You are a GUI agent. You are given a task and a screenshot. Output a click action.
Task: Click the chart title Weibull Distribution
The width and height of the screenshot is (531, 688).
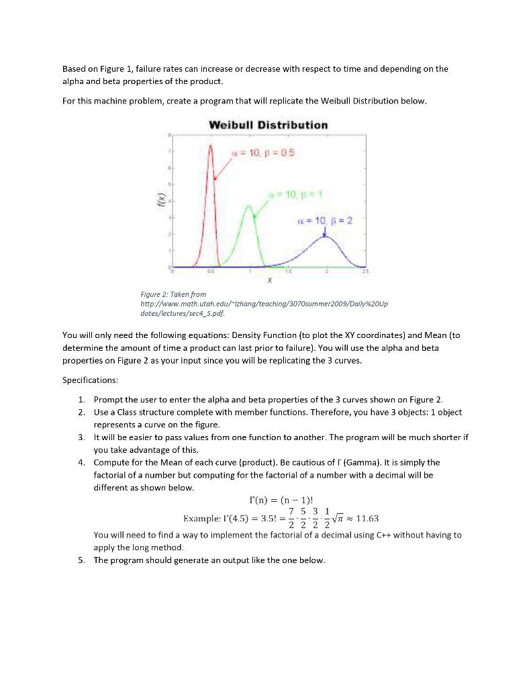[x=269, y=125]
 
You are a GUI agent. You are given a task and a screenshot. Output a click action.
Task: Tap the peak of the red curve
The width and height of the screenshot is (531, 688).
[x=211, y=145]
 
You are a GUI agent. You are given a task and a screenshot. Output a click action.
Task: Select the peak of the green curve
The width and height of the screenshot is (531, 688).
[x=250, y=206]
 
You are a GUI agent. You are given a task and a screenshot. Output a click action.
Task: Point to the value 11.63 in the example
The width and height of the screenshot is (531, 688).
[x=366, y=518]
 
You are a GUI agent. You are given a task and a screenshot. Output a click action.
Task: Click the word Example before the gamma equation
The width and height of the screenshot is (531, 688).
[x=202, y=519]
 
